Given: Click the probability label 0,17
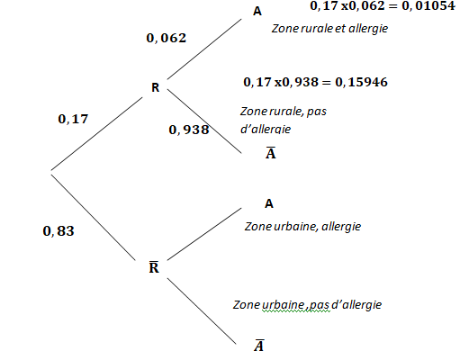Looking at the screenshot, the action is [73, 119].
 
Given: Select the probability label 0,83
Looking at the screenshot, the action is [59, 231].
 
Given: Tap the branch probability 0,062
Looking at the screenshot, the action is [167, 38].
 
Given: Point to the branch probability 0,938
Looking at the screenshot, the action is [189, 130].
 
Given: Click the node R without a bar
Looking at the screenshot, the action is [155, 87].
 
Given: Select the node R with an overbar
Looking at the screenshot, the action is [154, 266].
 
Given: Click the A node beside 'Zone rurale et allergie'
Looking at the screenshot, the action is [257, 12].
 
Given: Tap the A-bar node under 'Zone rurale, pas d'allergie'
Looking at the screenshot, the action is [271, 153].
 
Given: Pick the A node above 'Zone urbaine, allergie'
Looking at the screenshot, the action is [269, 203].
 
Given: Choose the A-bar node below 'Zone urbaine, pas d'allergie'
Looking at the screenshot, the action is [259, 346].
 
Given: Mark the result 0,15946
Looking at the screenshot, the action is [361, 82].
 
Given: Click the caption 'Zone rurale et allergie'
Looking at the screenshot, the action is [329, 29].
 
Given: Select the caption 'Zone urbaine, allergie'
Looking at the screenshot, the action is [302, 227].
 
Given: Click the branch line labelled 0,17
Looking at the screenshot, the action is [96, 133].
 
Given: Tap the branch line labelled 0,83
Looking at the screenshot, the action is [94, 218].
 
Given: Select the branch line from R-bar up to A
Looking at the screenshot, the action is [204, 234].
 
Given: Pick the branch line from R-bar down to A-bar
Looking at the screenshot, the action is [202, 311].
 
